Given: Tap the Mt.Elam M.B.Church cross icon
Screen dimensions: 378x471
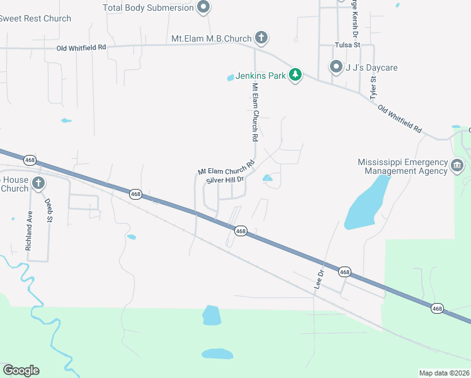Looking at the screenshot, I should click(261, 38).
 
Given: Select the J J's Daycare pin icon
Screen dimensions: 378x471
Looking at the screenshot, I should click(336, 67).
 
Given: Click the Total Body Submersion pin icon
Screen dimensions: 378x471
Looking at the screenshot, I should click(203, 8).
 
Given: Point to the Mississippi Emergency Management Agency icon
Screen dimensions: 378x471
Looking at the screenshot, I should click(457, 166).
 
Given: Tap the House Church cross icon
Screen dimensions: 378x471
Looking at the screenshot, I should click(38, 184).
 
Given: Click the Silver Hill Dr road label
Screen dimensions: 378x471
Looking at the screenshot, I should click(225, 180).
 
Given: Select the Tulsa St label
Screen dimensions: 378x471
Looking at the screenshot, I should click(347, 45).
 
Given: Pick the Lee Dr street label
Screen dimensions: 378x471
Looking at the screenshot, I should click(319, 279).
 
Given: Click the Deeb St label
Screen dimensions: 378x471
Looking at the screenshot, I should click(48, 210).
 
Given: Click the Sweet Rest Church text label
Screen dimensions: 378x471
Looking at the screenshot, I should click(35, 18).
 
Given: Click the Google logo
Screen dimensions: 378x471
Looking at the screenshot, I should click(21, 370).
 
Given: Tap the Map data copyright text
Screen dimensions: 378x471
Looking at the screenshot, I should click(444, 373).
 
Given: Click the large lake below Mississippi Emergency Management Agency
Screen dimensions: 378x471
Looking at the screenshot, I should click(366, 202).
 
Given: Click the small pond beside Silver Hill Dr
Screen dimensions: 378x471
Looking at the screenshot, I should click(268, 178).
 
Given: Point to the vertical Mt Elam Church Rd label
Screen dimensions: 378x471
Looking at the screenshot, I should click(255, 112).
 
